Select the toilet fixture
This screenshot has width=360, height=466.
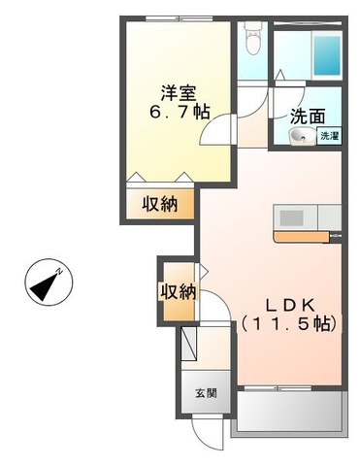click(x=253, y=40)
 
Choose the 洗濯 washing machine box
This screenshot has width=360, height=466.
click(x=328, y=137)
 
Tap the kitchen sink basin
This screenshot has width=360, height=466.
click(x=290, y=216)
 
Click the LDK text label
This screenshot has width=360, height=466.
click(x=288, y=302)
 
